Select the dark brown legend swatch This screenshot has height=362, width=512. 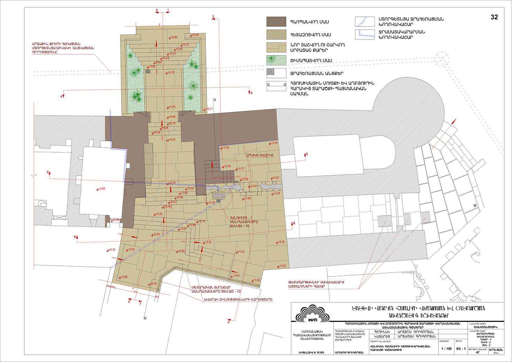pos(276,22)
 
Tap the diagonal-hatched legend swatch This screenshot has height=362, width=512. pos(276,34)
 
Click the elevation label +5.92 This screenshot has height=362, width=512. pos(173,37)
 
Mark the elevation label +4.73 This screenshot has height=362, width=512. pos(170,72)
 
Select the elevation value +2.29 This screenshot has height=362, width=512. pos(101,188)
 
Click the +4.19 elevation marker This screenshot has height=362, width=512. pos(172,183)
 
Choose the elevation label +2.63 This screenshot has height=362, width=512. pos(153,283)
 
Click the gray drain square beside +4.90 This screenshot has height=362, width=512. pos(148,71)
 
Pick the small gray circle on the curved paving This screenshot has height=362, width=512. pos(474,206)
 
